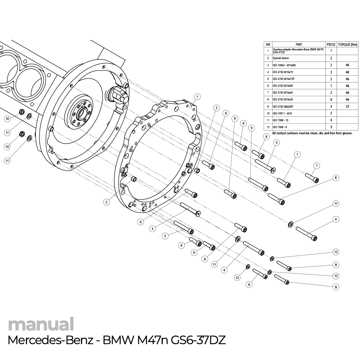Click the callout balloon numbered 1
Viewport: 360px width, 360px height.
(x=197, y=96)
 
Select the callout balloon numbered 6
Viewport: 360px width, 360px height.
(x=336, y=177)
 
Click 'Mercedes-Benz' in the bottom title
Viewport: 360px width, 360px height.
(x=51, y=340)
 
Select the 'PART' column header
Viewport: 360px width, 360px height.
(x=298, y=45)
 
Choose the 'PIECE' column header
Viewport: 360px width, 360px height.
(x=331, y=45)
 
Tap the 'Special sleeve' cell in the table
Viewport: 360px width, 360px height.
(x=281, y=58)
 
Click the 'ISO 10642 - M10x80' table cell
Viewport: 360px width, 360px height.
(x=284, y=65)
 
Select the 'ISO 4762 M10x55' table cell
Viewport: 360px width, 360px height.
(x=283, y=86)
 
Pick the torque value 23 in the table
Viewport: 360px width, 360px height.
(x=347, y=107)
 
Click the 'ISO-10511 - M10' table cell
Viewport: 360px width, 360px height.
(x=282, y=113)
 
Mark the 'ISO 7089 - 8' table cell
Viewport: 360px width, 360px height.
(x=280, y=127)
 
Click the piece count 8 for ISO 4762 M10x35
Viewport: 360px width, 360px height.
(x=331, y=100)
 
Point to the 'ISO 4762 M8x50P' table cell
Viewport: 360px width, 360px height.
(x=284, y=107)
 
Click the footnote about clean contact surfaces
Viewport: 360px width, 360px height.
(x=312, y=133)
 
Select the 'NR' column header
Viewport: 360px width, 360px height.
(x=268, y=45)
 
